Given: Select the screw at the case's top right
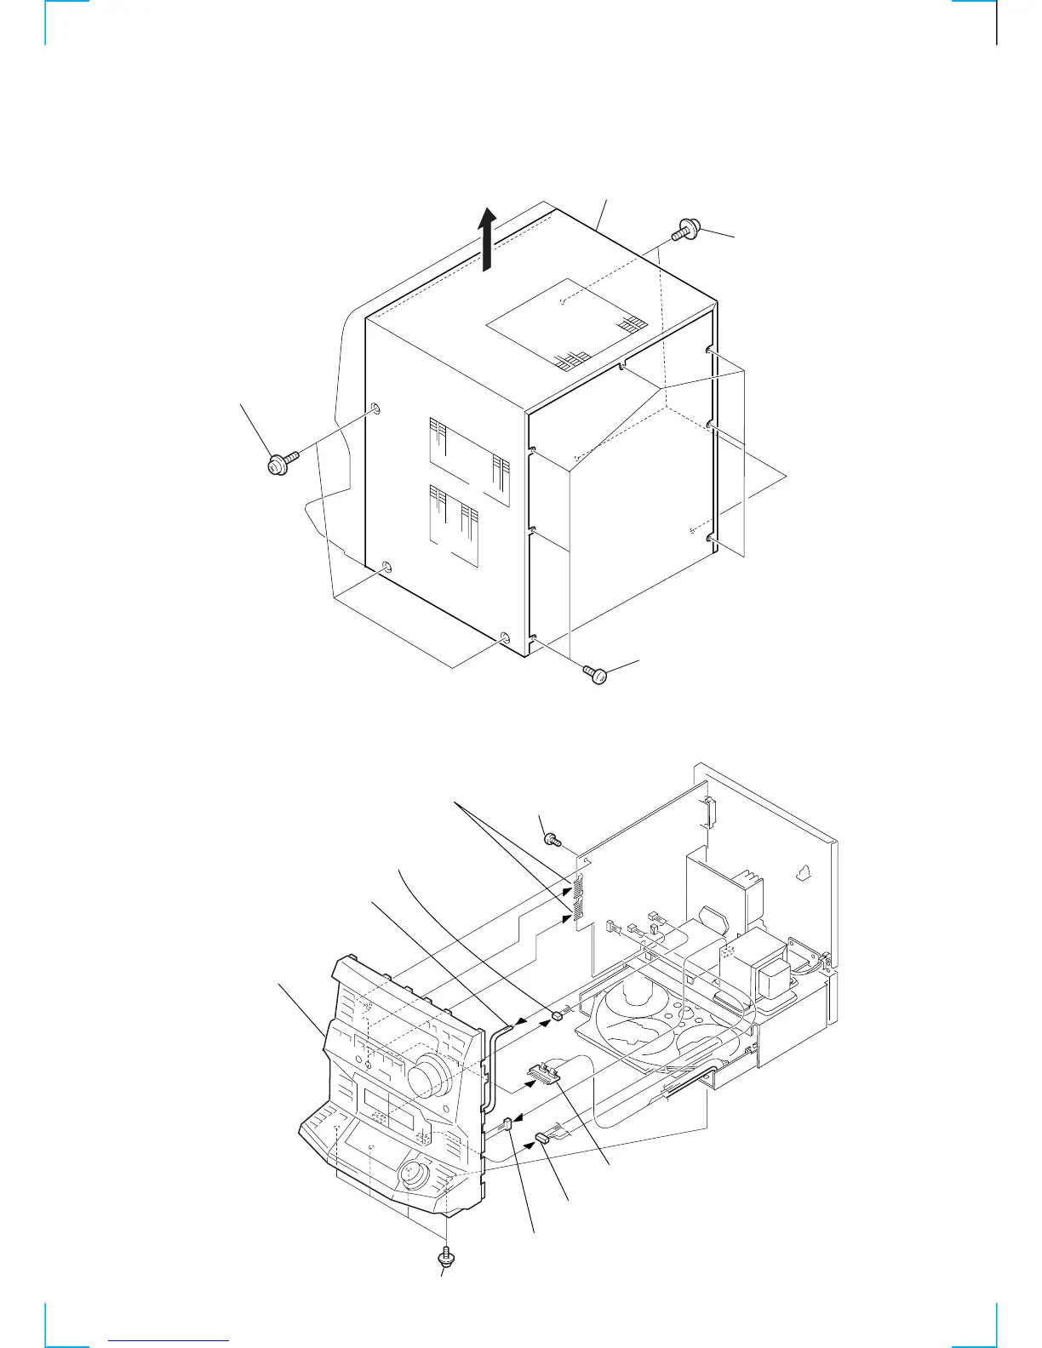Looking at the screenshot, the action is (684, 230).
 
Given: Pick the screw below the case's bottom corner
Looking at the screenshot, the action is (596, 675).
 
